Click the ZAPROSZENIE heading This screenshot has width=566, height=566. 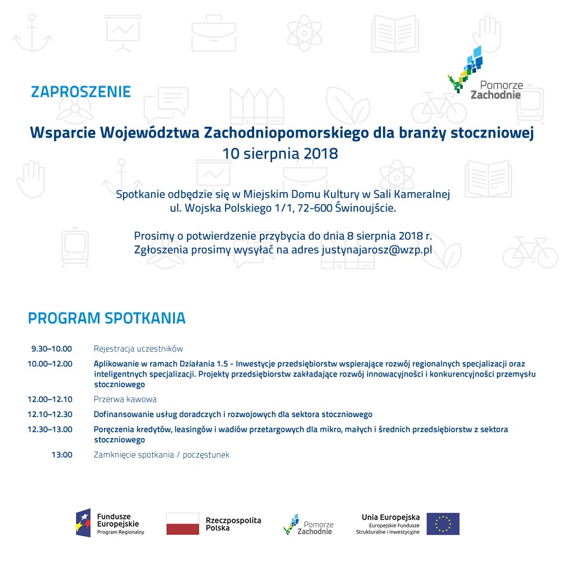[x=80, y=92]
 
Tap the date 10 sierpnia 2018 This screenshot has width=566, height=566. [x=280, y=153]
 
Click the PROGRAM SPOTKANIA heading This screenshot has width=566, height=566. [x=106, y=318]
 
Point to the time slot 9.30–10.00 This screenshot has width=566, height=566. [x=51, y=349]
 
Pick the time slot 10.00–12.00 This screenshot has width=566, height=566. [x=49, y=364]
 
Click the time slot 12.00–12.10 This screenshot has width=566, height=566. [x=49, y=399]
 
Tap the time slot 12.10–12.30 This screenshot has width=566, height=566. [x=49, y=415]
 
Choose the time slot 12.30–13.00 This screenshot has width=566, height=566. [x=49, y=430]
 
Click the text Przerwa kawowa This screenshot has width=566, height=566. [x=125, y=399]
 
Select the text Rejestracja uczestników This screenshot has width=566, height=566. [x=138, y=349]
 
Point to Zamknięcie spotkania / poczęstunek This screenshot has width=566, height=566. [x=161, y=454]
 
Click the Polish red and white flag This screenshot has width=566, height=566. [x=183, y=524]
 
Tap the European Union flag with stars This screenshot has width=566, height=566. [x=442, y=524]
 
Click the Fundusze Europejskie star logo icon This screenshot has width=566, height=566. [x=83, y=523]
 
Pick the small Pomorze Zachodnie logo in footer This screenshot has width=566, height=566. [x=308, y=524]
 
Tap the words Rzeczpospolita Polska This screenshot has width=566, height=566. [x=233, y=524]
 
